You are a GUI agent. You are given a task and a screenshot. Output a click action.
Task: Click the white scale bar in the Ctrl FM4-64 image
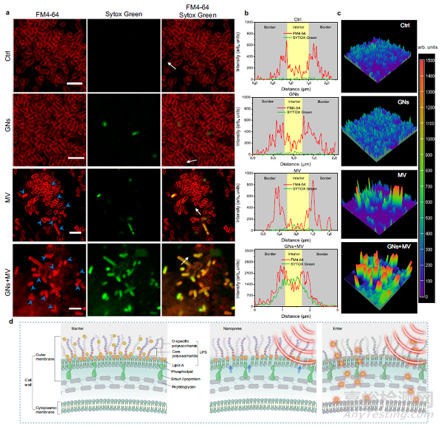point(72,84)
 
